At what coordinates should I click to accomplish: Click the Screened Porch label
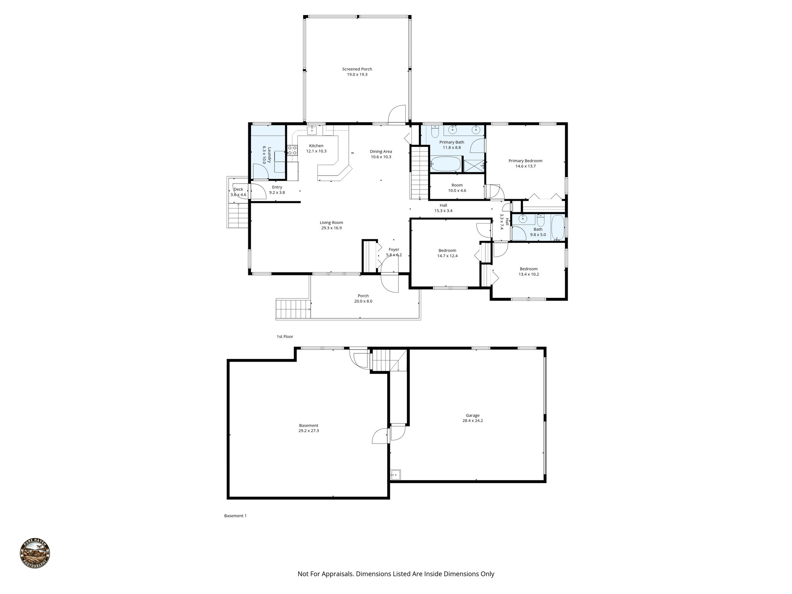357,72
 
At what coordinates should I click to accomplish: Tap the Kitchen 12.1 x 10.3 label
316,148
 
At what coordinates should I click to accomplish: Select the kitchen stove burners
292,150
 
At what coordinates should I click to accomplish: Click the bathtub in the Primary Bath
445,164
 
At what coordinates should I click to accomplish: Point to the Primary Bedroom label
525,163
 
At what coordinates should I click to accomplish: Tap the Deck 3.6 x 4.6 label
238,192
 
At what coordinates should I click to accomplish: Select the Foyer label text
394,250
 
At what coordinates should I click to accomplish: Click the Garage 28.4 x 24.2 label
473,418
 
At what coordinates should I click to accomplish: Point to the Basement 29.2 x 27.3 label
308,428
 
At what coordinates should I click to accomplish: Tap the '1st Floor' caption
285,336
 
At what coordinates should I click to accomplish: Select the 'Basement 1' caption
235,516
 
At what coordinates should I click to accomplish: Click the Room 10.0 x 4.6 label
457,188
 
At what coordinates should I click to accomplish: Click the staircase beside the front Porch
293,309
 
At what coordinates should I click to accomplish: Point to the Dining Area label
381,154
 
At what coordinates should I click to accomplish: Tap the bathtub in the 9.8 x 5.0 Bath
557,228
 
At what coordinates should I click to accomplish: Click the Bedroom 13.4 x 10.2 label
528,271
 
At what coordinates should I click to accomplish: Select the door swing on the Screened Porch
397,115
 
